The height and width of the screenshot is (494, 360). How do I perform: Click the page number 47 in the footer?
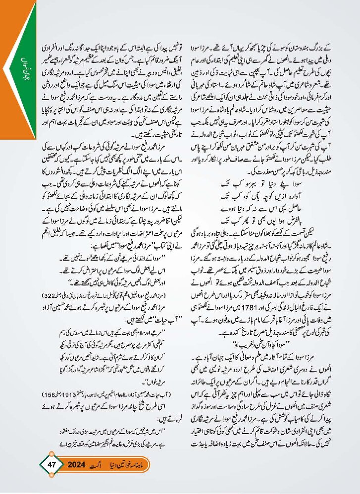[x=53, y=464]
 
